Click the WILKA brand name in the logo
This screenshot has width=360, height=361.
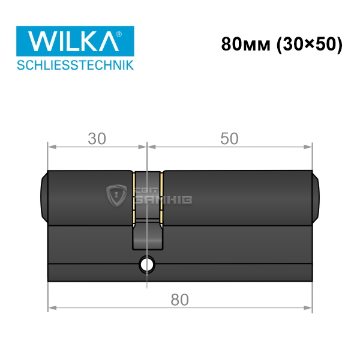pos(73,41)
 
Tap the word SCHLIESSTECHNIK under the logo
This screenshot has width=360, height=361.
pos(75,65)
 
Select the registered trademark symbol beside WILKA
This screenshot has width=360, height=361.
pos(118,34)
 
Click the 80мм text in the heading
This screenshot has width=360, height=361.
pos(245,44)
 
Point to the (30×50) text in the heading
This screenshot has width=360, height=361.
pos(310,44)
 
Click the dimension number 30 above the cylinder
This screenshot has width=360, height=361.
pos(97,139)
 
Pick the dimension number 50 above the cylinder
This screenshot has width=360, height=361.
pos(229,139)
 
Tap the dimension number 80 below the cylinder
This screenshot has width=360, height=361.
pos(179,300)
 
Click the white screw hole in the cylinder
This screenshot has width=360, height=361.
pos(147,265)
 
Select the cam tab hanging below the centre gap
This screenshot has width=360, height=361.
pos(148,235)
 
